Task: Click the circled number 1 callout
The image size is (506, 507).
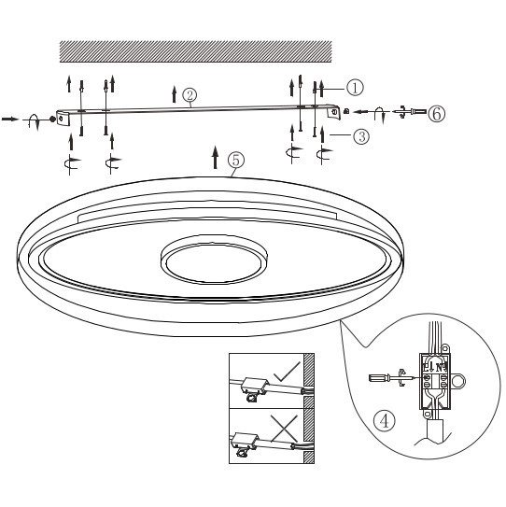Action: [355, 87]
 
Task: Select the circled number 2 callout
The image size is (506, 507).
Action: [190, 95]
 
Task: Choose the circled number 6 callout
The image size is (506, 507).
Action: [436, 113]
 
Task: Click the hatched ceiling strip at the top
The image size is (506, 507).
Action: [196, 51]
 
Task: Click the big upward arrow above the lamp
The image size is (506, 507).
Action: [216, 156]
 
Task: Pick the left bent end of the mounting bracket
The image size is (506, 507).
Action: [64, 120]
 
